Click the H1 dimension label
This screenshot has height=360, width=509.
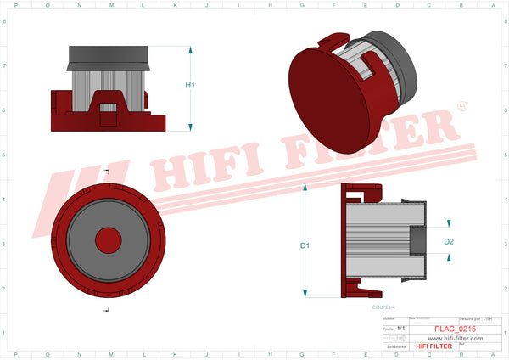191,86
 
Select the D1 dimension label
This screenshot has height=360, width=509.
305,245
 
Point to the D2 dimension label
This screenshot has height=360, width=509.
450,242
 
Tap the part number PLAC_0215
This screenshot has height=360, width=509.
454,327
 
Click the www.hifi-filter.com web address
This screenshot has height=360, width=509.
455,338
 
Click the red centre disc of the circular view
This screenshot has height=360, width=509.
108,239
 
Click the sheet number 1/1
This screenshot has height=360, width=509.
400,327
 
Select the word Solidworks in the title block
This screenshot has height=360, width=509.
395,346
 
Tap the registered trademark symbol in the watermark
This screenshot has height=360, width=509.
461,107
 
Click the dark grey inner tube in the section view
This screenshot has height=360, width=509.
418,241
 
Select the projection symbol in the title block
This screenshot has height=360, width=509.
395,337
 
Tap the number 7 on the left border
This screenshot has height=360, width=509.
5,65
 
